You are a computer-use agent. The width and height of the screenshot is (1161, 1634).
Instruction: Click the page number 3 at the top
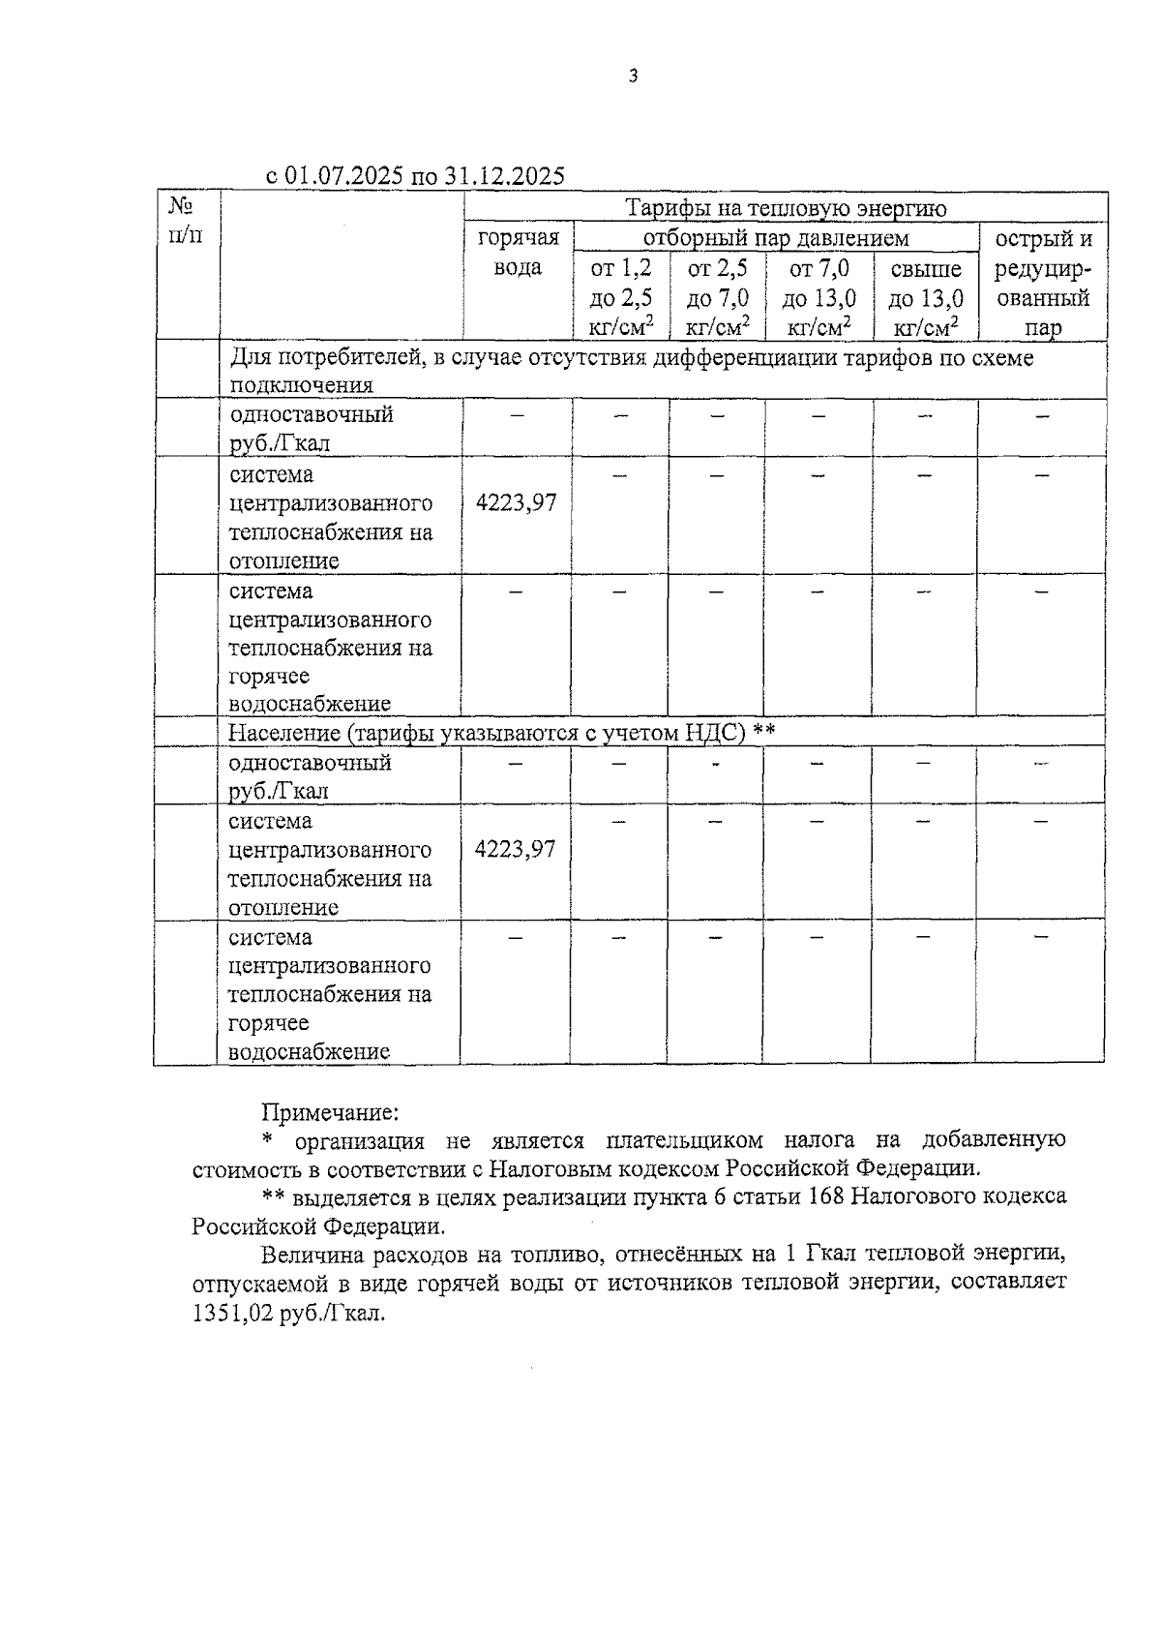tap(633, 76)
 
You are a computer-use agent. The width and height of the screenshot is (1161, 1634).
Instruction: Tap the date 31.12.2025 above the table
tap(505, 176)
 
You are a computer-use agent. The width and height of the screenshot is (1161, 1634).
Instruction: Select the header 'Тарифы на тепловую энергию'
tap(786, 208)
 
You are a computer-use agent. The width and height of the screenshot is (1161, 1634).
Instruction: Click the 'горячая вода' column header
tap(518, 253)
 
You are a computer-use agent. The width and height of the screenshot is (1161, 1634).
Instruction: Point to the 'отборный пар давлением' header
tap(776, 238)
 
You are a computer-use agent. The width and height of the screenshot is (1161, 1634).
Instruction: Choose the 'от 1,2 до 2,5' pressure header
tap(621, 297)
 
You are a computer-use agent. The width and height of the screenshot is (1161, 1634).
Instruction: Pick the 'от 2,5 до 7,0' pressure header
tap(717, 297)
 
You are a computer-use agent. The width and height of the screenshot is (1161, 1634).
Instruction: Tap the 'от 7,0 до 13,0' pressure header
tap(819, 297)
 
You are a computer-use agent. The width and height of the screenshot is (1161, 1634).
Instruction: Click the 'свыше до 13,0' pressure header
tap(926, 297)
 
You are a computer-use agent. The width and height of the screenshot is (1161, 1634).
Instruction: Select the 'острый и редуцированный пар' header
tap(1043, 283)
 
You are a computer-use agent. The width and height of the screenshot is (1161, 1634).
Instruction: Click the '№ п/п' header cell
tap(186, 221)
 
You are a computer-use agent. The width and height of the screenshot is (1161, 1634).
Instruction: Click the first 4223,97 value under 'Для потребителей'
tap(517, 503)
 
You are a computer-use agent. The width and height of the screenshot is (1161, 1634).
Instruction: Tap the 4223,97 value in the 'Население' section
tap(516, 850)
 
